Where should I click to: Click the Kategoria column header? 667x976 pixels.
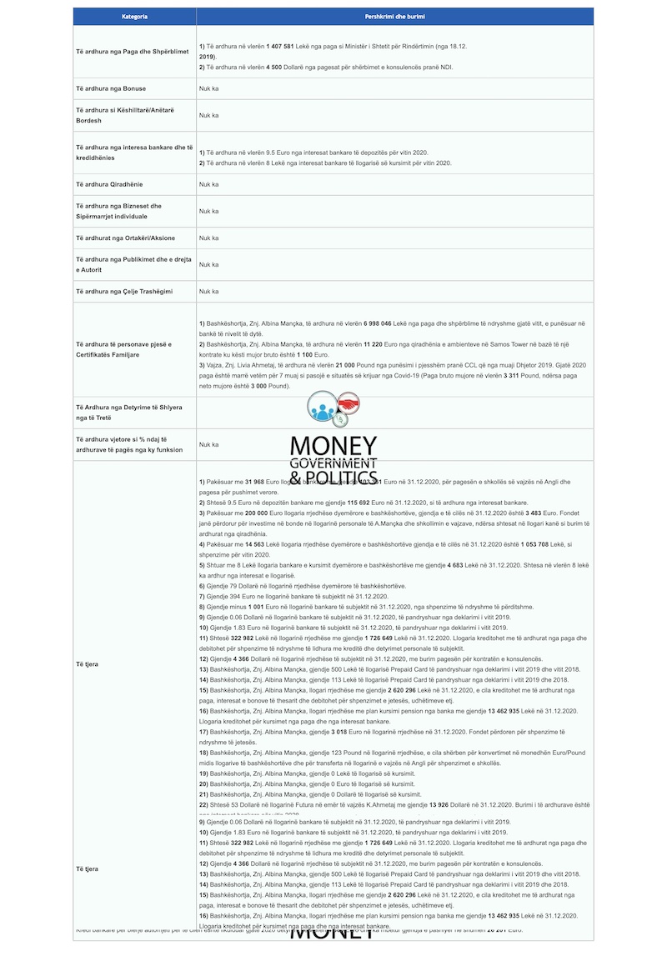134,17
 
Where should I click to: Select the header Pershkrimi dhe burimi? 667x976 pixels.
394,17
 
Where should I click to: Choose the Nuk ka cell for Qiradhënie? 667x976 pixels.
208,184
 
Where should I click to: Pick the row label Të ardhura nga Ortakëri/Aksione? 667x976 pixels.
125,238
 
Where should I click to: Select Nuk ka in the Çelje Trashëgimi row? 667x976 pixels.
208,292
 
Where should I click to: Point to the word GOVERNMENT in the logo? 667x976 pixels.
333,463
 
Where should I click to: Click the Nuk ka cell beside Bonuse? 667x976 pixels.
208,88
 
